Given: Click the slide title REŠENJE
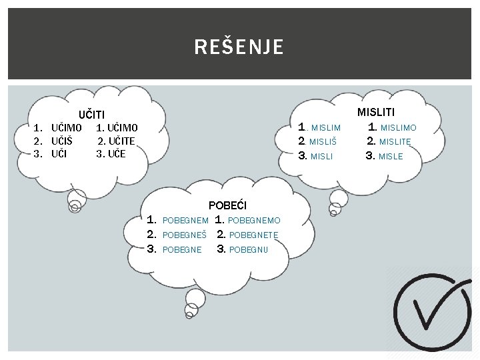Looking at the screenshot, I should pos(239,47).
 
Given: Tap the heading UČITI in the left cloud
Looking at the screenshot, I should pos(92,115).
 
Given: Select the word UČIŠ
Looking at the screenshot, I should pos(62,141).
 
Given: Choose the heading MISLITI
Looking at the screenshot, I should pos(376,112).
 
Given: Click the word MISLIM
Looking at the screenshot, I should pos(326,127).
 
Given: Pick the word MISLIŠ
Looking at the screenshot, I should pos(323,141).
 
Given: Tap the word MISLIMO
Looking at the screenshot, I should pos(398,127).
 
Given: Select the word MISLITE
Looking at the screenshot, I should pos(395,141).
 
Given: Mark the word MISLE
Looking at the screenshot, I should pos(391,157).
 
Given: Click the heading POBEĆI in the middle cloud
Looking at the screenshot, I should pos(227,205).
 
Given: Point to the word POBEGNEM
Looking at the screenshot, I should pos(185,220).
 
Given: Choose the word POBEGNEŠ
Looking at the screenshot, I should pos(184,235).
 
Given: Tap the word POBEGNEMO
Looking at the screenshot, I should pos(254,220).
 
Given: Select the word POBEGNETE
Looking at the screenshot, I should pos(253,235).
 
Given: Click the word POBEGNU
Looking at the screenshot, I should pos(248,250).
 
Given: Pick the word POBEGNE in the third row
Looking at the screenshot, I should pos(182,250).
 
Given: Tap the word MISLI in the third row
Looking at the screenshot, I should pos(322,157).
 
